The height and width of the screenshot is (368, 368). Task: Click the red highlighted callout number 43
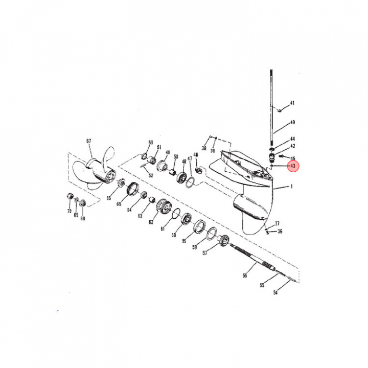293,166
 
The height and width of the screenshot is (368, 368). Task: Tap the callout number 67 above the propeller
89,141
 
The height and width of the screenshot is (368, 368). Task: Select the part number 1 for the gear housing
291,187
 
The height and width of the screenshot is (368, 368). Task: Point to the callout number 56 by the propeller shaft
245,275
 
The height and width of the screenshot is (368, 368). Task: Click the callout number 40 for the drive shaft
292,122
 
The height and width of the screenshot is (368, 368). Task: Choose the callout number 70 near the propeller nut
69,211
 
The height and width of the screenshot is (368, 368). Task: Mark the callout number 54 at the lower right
275,292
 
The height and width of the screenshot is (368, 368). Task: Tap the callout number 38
204,148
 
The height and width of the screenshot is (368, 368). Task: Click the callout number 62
151,222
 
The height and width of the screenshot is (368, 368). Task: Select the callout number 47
190,158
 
